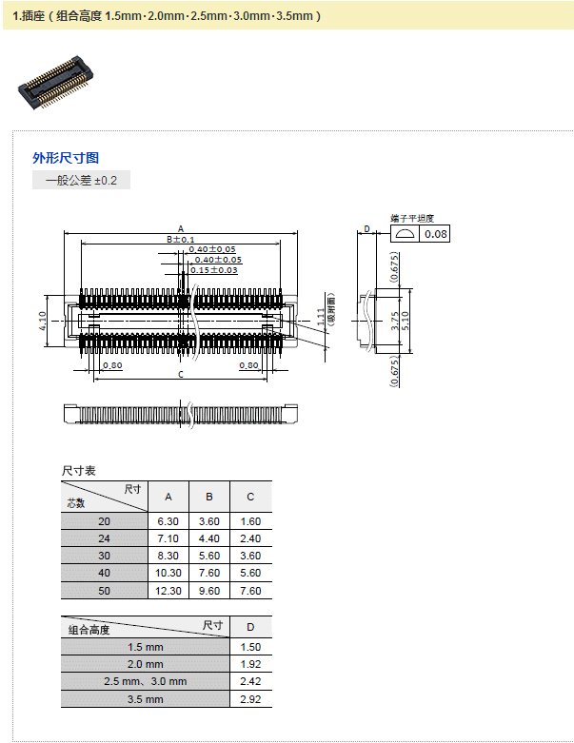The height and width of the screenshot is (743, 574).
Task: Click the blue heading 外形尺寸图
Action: coord(66,158)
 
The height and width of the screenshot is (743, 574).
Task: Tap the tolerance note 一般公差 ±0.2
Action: coord(81,180)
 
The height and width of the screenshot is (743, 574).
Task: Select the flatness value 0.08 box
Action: coord(435,234)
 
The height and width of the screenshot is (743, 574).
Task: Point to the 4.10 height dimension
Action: coord(43,320)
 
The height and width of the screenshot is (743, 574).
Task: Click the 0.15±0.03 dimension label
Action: coord(213,270)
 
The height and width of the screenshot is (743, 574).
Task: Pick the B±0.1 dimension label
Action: coord(181,240)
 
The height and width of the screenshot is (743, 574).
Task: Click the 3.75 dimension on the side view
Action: coord(393,322)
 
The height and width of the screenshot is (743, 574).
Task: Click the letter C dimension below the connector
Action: coord(181,375)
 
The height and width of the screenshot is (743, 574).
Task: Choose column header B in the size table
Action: coord(209,497)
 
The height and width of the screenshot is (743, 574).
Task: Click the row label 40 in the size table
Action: coord(105,573)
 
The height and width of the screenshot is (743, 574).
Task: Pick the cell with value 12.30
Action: coord(168,590)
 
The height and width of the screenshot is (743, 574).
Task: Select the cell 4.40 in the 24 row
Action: coord(209,538)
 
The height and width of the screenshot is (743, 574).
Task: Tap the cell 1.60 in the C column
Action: coord(250,521)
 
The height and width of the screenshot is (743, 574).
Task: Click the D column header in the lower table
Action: coord(250,628)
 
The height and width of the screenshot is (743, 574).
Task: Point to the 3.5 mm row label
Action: coord(146,699)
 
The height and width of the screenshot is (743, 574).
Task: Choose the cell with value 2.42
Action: coord(250,681)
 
